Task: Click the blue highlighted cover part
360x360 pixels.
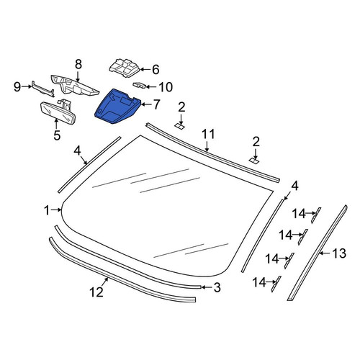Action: [x=117, y=107]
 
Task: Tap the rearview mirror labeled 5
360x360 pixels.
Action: [x=58, y=112]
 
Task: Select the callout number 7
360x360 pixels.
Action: [x=156, y=104]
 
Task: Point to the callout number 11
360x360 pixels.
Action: [x=208, y=135]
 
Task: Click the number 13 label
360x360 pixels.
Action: [x=339, y=253]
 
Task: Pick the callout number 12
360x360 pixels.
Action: [x=96, y=292]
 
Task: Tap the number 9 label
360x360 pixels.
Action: [x=17, y=87]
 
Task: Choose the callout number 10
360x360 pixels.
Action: [x=166, y=87]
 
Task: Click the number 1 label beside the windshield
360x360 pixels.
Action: [x=47, y=210]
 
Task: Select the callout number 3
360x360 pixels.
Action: [x=217, y=287]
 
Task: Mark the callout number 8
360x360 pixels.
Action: [x=78, y=64]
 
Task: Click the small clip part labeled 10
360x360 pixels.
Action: [x=140, y=85]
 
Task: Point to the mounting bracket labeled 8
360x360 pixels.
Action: [x=73, y=86]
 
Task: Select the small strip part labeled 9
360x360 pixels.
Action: [x=42, y=89]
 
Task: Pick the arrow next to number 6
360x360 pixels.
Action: [x=145, y=70]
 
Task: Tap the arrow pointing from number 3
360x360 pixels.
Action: [x=206, y=287]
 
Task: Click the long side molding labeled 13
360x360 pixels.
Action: [x=317, y=253]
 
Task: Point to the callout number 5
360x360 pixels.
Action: [x=57, y=135]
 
